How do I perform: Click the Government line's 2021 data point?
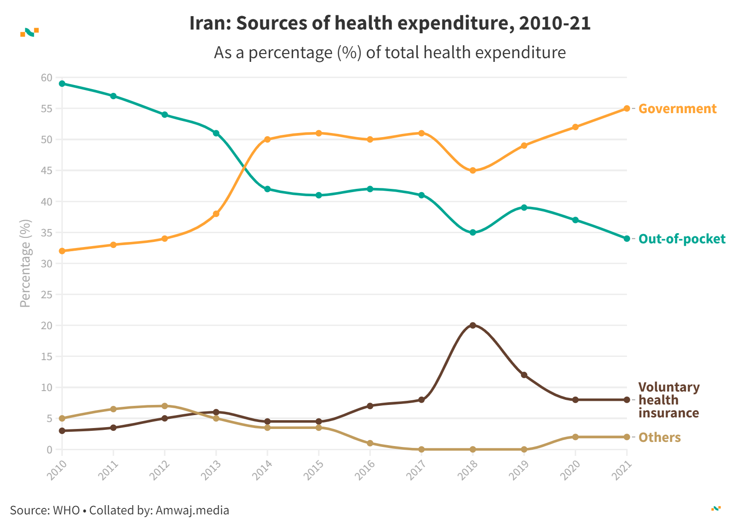coord(627,109)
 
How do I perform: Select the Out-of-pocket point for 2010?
coord(62,84)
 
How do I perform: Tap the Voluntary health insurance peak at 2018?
coord(472,326)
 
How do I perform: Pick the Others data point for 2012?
coord(165,406)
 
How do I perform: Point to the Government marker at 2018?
coord(472,170)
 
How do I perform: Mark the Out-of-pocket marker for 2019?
coord(524,207)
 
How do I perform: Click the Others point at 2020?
coord(575,437)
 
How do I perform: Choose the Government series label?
coord(677,109)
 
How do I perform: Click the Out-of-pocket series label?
coord(681,239)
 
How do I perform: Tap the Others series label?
coord(659,437)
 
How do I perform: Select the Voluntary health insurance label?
coord(669,400)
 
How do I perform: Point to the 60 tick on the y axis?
coord(47,78)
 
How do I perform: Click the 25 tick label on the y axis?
coord(47,295)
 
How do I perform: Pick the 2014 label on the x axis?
coord(263,470)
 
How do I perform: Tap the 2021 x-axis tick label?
coord(622,470)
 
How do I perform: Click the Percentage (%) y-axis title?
coord(25,263)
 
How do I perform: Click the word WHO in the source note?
coord(66,510)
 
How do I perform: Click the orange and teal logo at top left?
coord(30,32)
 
